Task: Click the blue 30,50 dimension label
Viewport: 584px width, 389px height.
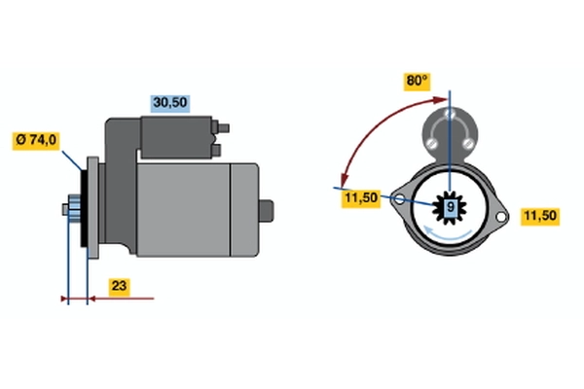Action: click(170, 103)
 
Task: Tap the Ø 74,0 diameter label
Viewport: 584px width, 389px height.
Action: click(36, 140)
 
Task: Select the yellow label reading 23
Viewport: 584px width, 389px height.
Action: click(119, 286)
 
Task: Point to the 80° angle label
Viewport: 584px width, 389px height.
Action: click(418, 82)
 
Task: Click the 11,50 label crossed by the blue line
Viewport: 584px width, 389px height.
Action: click(361, 197)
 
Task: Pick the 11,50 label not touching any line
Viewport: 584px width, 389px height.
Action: click(539, 216)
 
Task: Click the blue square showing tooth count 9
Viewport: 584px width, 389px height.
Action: click(450, 207)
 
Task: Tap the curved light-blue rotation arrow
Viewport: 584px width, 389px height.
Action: click(448, 234)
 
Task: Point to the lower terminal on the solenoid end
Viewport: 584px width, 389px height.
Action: click(216, 151)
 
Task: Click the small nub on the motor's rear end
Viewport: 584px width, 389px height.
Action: click(267, 211)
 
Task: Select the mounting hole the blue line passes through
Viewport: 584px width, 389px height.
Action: click(399, 199)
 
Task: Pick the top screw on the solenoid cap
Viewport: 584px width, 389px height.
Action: click(450, 113)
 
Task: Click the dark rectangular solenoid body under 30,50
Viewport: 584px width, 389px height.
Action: click(176, 137)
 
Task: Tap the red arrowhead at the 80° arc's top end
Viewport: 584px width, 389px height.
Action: click(441, 100)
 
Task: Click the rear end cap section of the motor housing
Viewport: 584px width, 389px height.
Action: click(244, 210)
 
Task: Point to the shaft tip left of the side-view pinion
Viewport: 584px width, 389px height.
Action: click(65, 210)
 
